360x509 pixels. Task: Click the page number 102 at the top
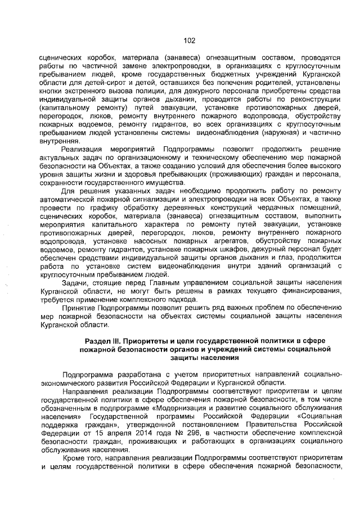(x=190, y=40)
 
